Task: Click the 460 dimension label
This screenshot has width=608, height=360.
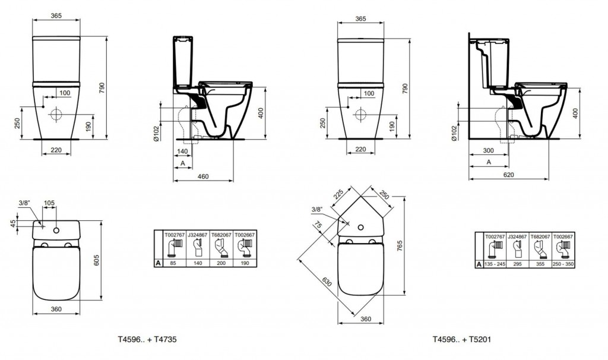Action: (x=203, y=176)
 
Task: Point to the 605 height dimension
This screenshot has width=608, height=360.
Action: (x=97, y=260)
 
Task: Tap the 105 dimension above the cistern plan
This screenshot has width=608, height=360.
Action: (x=49, y=203)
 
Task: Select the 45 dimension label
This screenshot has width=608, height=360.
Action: (x=13, y=224)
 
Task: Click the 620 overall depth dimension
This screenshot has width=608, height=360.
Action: (x=508, y=175)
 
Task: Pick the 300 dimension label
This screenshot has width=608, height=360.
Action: (x=489, y=150)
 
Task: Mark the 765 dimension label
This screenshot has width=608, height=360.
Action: (x=400, y=246)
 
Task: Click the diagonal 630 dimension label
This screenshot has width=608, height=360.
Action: (x=327, y=281)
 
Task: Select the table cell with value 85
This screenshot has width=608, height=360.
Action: (x=174, y=263)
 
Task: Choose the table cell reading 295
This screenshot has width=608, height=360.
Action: (x=517, y=264)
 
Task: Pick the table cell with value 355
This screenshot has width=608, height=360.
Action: (x=540, y=264)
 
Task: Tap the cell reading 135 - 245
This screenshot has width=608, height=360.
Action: (x=495, y=264)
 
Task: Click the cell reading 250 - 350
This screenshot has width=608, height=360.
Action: (x=563, y=264)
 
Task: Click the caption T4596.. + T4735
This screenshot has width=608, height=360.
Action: (x=147, y=339)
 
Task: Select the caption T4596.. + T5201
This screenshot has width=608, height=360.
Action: (x=462, y=339)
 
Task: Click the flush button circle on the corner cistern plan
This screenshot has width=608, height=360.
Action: (x=362, y=228)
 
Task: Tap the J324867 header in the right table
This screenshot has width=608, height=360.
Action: (x=517, y=236)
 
